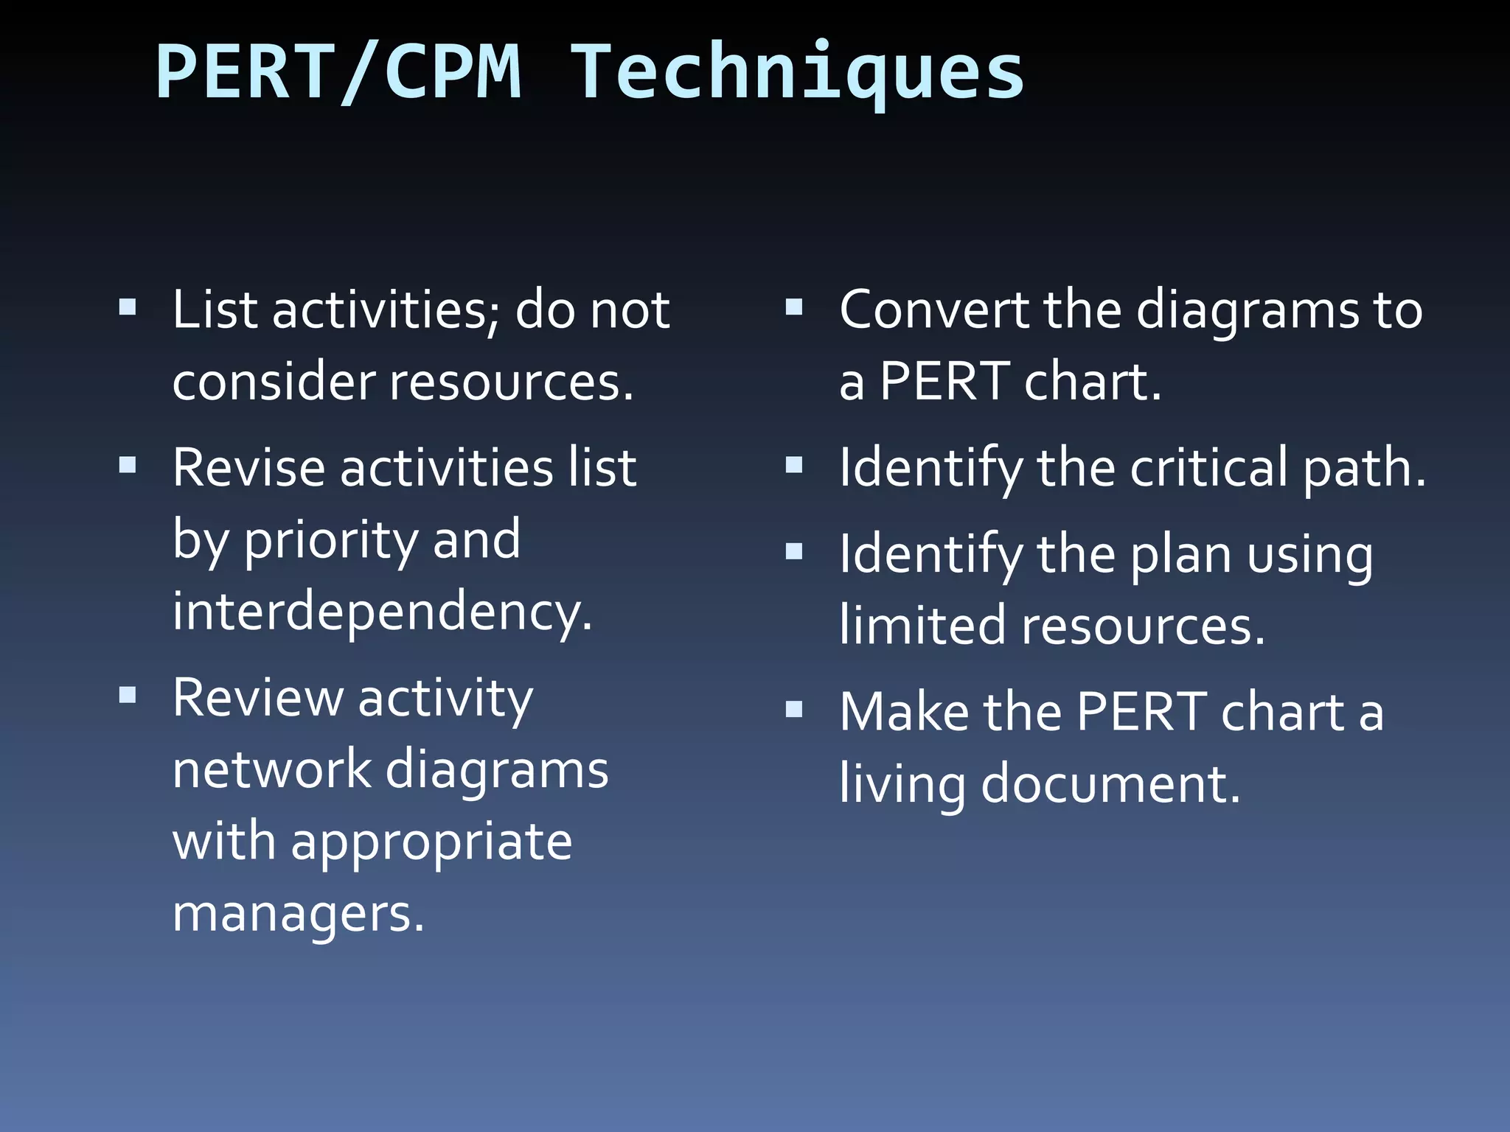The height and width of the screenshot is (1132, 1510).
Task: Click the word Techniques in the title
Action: pyautogui.click(x=798, y=74)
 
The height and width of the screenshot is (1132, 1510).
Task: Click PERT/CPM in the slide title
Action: pyautogui.click(x=338, y=74)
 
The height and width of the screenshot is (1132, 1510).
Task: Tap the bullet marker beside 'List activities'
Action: pyautogui.click(x=128, y=307)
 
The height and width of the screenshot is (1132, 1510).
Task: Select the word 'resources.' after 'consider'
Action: pyautogui.click(x=511, y=382)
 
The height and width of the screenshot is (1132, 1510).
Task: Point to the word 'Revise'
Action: pyautogui.click(x=248, y=468)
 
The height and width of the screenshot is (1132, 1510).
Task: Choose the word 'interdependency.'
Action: pyautogui.click(x=382, y=612)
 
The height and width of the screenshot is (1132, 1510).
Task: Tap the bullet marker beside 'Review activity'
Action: pyautogui.click(x=128, y=695)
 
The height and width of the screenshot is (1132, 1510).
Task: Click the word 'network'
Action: pyautogui.click(x=271, y=769)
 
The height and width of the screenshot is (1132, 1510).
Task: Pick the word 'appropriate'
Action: pyautogui.click(x=431, y=842)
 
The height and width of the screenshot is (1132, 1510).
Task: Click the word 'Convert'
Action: pyautogui.click(x=934, y=310)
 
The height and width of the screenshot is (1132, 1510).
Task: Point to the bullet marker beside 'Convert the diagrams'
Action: pyautogui.click(x=794, y=307)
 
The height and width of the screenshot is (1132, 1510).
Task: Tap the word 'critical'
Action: pyautogui.click(x=1209, y=468)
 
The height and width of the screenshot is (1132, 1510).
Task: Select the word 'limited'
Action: pyautogui.click(x=922, y=626)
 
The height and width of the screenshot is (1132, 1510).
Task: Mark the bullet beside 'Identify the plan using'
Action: pyautogui.click(x=794, y=551)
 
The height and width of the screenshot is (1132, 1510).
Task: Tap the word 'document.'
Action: pyautogui.click(x=1111, y=784)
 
